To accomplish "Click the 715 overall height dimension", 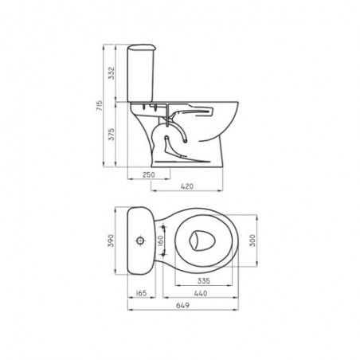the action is [x=99, y=107].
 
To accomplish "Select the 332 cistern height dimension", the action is [x=112, y=72].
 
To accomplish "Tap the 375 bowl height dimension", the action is [x=112, y=135].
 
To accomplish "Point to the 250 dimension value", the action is [x=149, y=174].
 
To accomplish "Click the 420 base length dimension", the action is [x=187, y=186].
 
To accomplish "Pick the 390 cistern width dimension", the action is [x=111, y=241].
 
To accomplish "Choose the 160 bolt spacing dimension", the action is [x=160, y=241].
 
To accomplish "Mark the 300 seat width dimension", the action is [x=252, y=241].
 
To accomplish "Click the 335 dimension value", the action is [x=204, y=280].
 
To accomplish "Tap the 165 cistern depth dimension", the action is [x=141, y=293].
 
